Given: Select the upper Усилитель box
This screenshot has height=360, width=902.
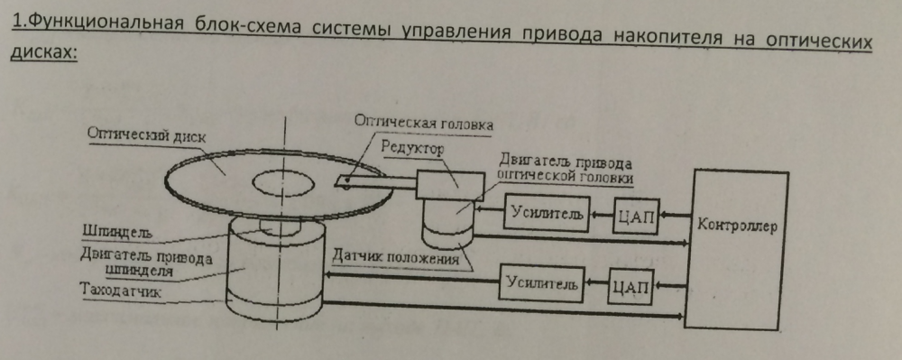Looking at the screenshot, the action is [x=548, y=214].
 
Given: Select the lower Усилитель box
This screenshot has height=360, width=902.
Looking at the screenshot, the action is [x=541, y=283].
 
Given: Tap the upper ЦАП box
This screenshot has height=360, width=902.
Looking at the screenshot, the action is [x=636, y=217].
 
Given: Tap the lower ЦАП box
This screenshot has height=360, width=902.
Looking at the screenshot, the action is [x=630, y=286].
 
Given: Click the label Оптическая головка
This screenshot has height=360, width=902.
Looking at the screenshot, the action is [x=423, y=122].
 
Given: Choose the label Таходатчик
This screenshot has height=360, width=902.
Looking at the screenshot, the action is [x=122, y=291].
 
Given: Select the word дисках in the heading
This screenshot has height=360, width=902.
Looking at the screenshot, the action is [x=43, y=51].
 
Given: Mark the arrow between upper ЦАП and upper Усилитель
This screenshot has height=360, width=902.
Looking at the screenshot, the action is [x=602, y=216].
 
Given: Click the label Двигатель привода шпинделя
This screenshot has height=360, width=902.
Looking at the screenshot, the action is [x=147, y=263].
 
